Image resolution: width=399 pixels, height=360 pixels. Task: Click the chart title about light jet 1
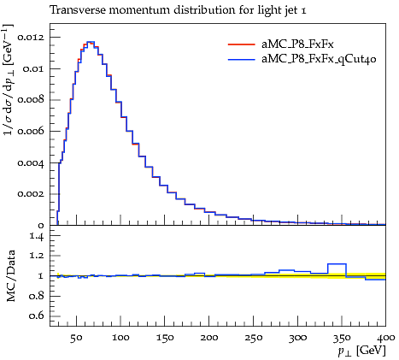pyautogui.click(x=179, y=10)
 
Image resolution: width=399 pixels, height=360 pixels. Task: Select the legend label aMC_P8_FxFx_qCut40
pyautogui.click(x=319, y=59)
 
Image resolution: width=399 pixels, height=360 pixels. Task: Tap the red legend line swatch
pyautogui.click(x=241, y=44)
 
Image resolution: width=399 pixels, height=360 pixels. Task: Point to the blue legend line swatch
pyautogui.click(x=241, y=60)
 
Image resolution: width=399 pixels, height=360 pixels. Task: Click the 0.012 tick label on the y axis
pyautogui.click(x=31, y=38)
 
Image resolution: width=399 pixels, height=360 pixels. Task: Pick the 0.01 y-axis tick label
pyautogui.click(x=33, y=69)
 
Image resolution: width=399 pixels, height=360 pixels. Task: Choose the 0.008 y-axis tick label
pyautogui.click(x=31, y=100)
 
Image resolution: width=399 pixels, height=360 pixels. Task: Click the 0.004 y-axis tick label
pyautogui.click(x=31, y=163)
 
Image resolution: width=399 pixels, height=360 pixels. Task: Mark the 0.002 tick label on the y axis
pyautogui.click(x=31, y=194)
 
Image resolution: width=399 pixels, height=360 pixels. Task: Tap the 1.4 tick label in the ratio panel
pyautogui.click(x=37, y=236)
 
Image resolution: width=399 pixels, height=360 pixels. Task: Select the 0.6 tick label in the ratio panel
pyautogui.click(x=37, y=316)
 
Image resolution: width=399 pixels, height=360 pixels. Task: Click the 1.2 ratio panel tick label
pyautogui.click(x=37, y=257)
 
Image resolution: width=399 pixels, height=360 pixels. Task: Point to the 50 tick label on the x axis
pyautogui.click(x=76, y=338)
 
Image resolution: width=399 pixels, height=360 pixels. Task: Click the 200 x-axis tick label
pyautogui.click(x=208, y=338)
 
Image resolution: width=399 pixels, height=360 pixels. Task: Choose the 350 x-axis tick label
pyautogui.click(x=342, y=338)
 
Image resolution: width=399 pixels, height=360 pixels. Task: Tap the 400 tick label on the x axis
pyautogui.click(x=386, y=338)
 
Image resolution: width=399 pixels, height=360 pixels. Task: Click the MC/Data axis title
pyautogui.click(x=10, y=276)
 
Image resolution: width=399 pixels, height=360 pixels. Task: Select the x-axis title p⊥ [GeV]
pyautogui.click(x=361, y=351)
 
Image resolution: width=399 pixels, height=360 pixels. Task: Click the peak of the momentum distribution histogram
pyautogui.click(x=91, y=42)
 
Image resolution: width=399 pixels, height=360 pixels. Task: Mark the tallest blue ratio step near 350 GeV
pyautogui.click(x=337, y=264)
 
